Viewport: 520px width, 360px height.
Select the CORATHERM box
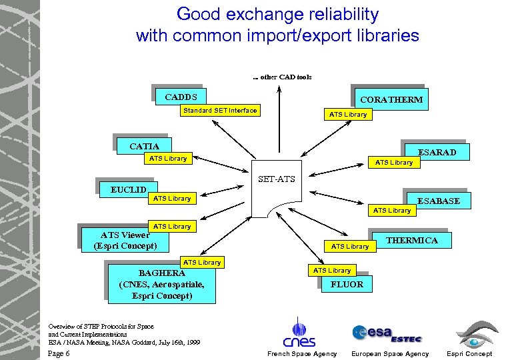pos(391,100)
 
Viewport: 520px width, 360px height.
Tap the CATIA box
pos(144,146)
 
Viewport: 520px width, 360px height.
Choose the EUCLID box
pos(128,190)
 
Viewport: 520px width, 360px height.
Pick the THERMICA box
pos(411,240)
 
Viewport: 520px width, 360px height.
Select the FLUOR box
pos(347,284)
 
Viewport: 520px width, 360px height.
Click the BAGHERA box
pos(161,284)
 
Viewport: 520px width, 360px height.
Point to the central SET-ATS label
pos(277,179)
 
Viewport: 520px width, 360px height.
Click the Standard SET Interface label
pos(220,110)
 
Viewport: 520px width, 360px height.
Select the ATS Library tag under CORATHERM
pos(348,114)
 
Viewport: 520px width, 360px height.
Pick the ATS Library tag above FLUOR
pos(332,270)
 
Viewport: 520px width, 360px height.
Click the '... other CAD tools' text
pos(282,77)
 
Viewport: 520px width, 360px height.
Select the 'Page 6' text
pos(59,353)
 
